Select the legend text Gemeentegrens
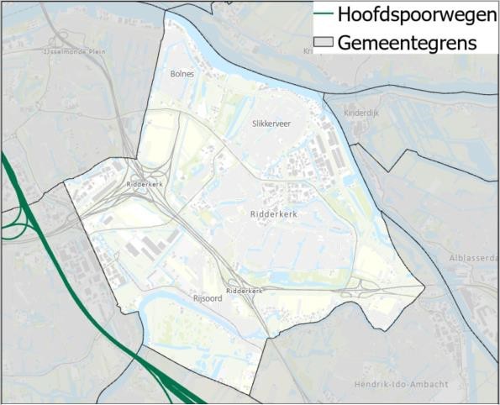pyautogui.click(x=408, y=43)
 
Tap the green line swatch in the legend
pyautogui.click(x=324, y=14)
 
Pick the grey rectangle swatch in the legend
pyautogui.click(x=324, y=43)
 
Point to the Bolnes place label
pyautogui.click(x=182, y=74)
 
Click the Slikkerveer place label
pyautogui.click(x=271, y=123)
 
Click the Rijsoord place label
pyautogui.click(x=207, y=297)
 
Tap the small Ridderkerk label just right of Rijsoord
pyautogui.click(x=244, y=291)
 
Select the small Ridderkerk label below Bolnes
pyautogui.click(x=144, y=183)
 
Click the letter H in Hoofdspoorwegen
pyautogui.click(x=343, y=14)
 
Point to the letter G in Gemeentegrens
pyautogui.click(x=345, y=43)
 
